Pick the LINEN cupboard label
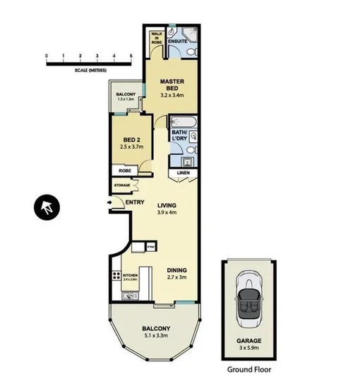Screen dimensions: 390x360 point(182,172)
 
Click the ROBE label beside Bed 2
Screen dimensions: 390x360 point(125,170)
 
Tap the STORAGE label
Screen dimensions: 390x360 point(122,185)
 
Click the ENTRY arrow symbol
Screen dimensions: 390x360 point(109,203)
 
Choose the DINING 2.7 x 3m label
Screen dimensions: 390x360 point(176,274)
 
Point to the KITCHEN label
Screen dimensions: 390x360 point(131,276)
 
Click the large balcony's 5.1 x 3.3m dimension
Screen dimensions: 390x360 point(155,336)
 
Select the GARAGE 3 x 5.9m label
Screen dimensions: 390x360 point(248,343)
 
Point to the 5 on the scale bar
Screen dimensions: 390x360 point(132,55)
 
